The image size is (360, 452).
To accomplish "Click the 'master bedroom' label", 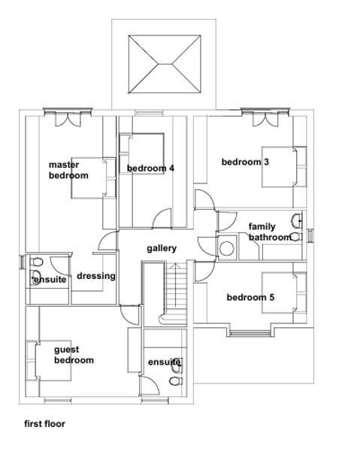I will [68, 170].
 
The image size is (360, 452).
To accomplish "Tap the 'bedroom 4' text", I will [150, 168].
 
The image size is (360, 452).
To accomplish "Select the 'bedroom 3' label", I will [245, 162].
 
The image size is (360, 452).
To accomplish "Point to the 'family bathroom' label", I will [268, 232].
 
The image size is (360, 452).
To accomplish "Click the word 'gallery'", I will [162, 248].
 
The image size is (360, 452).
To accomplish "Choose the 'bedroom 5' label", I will [250, 298].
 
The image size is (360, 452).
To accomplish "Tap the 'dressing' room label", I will [96, 276].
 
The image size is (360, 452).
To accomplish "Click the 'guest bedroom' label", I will [74, 355].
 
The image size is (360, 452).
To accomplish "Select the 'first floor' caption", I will [44, 423].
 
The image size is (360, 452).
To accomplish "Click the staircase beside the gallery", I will [177, 293].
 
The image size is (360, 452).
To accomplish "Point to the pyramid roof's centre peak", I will [165, 65].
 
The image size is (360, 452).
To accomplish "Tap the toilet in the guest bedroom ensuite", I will [176, 381].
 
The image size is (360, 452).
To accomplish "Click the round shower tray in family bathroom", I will [226, 249].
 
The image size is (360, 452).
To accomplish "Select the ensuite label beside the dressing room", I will [50, 280].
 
